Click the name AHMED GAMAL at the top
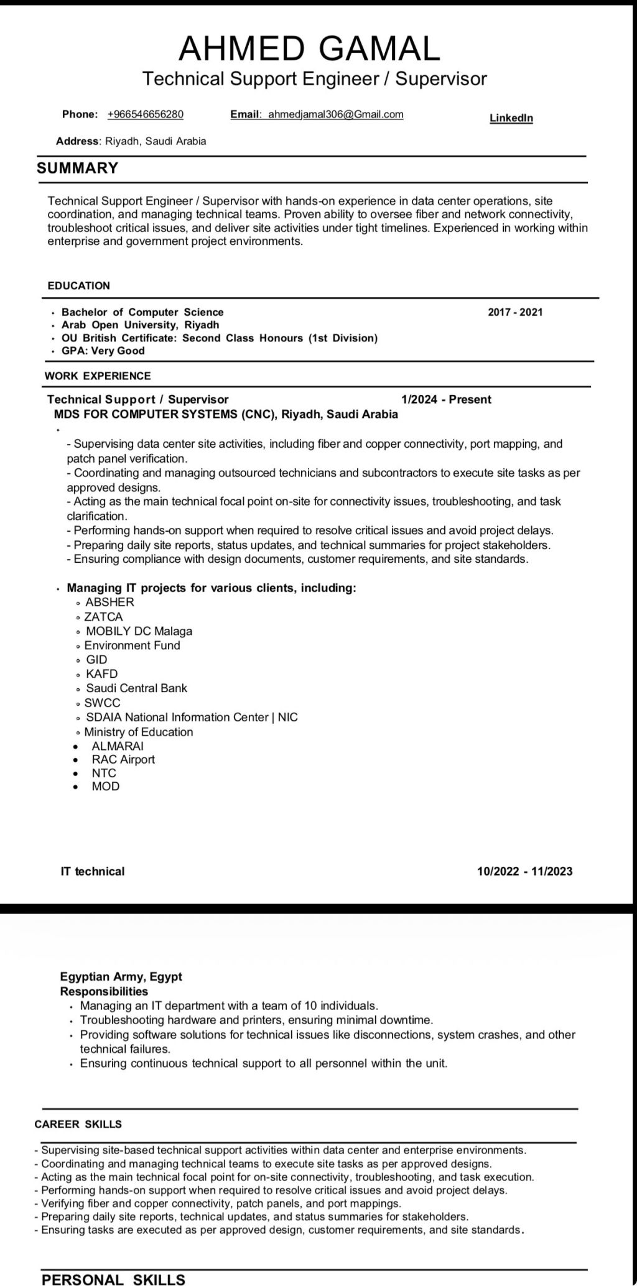click(309, 48)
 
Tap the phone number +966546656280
click(146, 114)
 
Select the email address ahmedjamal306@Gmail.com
click(335, 114)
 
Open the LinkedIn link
click(511, 118)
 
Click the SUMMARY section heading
click(77, 168)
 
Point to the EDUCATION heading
click(78, 286)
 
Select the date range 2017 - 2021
click(515, 312)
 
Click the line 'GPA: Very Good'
click(103, 351)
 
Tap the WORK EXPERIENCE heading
click(98, 376)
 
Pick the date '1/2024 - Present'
click(446, 400)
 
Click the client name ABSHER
click(109, 602)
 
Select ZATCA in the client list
click(103, 617)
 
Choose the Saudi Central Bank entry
click(136, 688)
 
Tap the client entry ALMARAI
click(118, 746)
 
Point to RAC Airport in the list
click(123, 760)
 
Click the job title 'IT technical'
click(92, 872)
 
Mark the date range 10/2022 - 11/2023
click(524, 872)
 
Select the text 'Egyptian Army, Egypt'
click(121, 977)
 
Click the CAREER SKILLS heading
click(78, 1124)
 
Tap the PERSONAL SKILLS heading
click(113, 1279)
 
